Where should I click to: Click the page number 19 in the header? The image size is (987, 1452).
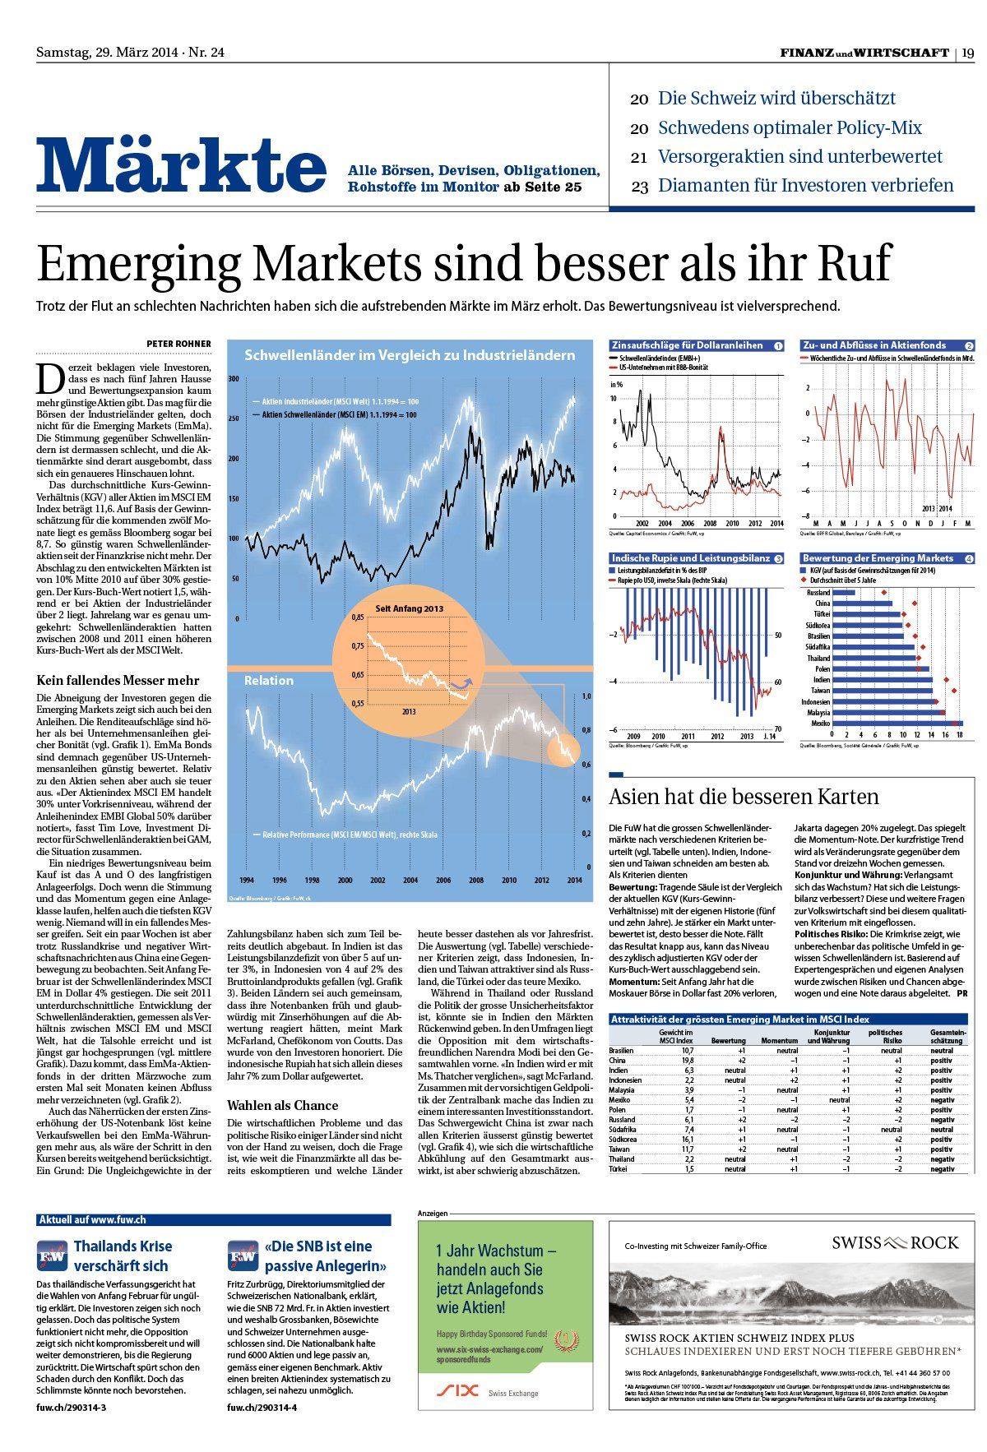tap(968, 53)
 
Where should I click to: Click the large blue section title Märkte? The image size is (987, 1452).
tap(181, 166)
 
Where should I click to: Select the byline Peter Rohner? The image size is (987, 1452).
tap(178, 344)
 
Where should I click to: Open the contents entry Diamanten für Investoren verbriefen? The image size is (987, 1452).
tap(805, 186)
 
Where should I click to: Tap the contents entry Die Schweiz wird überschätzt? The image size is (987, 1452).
tap(776, 99)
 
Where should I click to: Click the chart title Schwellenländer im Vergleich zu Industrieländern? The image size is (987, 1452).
tap(410, 356)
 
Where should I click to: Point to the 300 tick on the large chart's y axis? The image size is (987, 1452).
tap(233, 379)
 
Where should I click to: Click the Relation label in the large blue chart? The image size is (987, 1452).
tap(268, 681)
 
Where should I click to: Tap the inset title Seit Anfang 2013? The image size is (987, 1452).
tap(409, 608)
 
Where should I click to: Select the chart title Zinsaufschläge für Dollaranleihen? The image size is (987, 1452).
tap(688, 345)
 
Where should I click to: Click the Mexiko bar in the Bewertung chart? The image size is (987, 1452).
tap(897, 724)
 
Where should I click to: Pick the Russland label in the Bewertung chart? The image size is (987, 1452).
tap(818, 592)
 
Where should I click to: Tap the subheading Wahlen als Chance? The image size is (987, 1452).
tap(282, 1106)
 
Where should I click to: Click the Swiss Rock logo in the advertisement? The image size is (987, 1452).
tap(895, 1242)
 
